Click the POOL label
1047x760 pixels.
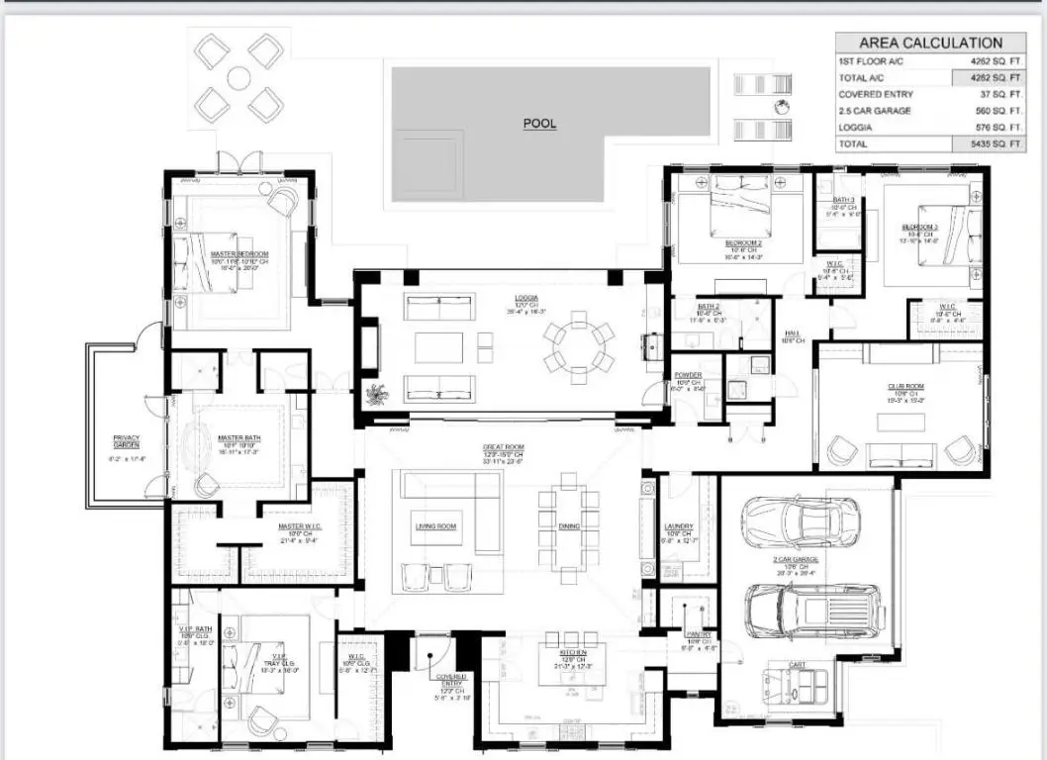click(x=539, y=124)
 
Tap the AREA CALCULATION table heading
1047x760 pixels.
click(x=929, y=43)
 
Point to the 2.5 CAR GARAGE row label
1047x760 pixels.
click(x=875, y=111)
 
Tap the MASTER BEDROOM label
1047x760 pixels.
click(x=238, y=254)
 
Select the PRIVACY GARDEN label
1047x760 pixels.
click(x=126, y=442)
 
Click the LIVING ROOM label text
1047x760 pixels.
click(x=434, y=526)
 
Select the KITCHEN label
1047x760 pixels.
click(x=572, y=654)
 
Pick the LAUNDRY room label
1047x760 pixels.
click(x=679, y=526)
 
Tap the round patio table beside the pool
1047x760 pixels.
click(x=238, y=78)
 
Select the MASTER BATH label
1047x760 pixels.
click(x=238, y=438)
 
